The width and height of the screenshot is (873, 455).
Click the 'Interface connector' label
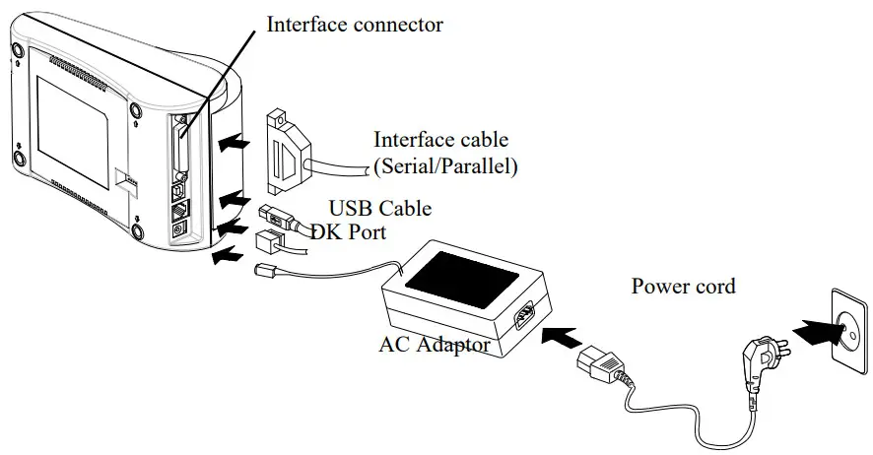(x=355, y=24)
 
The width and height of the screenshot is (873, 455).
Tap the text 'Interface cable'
(x=441, y=140)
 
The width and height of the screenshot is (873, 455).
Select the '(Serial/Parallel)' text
(x=445, y=167)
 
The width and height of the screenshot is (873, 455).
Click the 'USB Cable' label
(x=379, y=209)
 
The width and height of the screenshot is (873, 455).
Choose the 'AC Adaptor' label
(x=435, y=345)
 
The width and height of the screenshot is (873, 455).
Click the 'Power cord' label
(x=683, y=287)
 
